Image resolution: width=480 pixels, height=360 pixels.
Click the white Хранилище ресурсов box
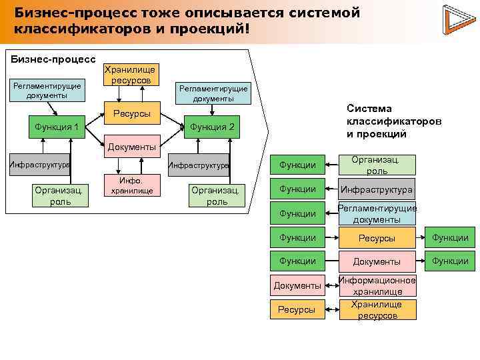tap(131, 74)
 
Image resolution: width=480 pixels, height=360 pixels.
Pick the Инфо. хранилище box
tap(131, 185)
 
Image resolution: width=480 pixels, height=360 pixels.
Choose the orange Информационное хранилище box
tap(377, 285)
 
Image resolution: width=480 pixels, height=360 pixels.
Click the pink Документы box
tap(297, 285)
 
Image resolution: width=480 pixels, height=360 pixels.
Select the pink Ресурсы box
tap(297, 309)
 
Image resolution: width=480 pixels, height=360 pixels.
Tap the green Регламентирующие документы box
tap(377, 213)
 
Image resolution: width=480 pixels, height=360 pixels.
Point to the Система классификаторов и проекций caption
tap(393, 121)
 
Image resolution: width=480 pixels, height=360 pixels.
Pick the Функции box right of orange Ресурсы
tap(450, 237)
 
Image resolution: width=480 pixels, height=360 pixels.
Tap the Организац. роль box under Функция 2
tap(217, 195)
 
